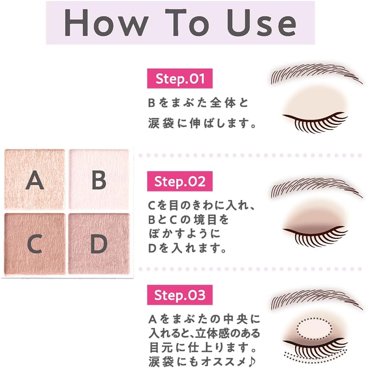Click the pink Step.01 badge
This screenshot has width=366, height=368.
click(x=180, y=79)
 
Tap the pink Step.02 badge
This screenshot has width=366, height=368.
click(x=180, y=182)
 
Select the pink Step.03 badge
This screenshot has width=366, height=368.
click(x=180, y=295)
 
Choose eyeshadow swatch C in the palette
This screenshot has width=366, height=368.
click(x=35, y=244)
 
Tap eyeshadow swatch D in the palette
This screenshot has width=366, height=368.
click(x=99, y=244)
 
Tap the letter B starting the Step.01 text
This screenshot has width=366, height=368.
click(x=151, y=103)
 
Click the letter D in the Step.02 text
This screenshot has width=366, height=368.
click(x=152, y=248)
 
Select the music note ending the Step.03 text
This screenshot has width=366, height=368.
click(x=256, y=358)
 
